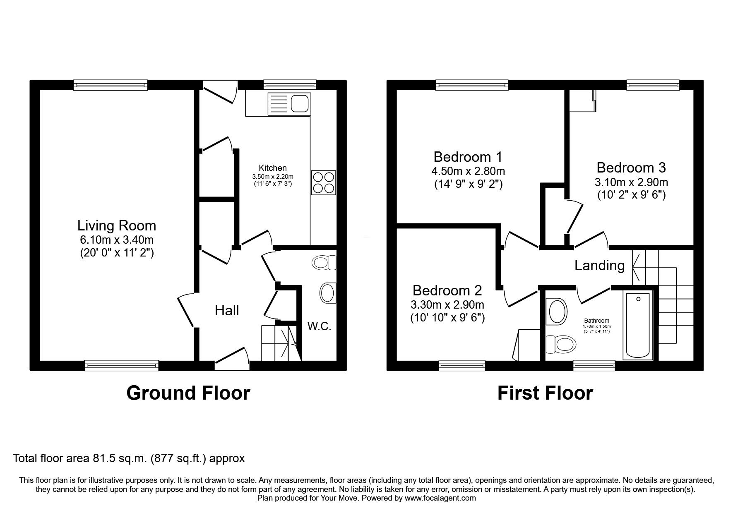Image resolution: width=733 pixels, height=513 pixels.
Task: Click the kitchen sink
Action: tap(289, 103)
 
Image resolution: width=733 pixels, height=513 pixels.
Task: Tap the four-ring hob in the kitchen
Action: tap(323, 182)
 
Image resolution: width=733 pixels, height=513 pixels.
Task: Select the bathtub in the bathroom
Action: tap(638, 326)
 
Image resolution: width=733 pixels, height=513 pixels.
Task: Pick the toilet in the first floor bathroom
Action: tap(561, 343)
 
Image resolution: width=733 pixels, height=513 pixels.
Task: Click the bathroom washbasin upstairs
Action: tap(557, 312)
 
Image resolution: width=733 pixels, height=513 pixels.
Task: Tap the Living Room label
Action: tap(117, 225)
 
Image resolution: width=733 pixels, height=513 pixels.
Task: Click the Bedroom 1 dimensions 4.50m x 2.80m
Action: tap(468, 171)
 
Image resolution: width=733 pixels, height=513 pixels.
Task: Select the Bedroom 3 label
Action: tap(631, 168)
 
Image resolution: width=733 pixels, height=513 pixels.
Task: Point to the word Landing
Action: tap(600, 265)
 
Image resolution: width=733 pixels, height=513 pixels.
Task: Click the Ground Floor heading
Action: tap(188, 393)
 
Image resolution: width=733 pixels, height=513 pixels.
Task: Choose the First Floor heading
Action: tap(545, 393)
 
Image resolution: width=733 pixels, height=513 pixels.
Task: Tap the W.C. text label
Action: tap(319, 326)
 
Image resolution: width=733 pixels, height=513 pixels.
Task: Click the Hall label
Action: tap(227, 310)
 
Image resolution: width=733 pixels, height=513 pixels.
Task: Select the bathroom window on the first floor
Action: tap(594, 365)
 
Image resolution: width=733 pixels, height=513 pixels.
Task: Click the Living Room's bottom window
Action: tap(122, 365)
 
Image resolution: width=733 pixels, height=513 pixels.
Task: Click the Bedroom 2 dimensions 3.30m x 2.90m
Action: tap(447, 305)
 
